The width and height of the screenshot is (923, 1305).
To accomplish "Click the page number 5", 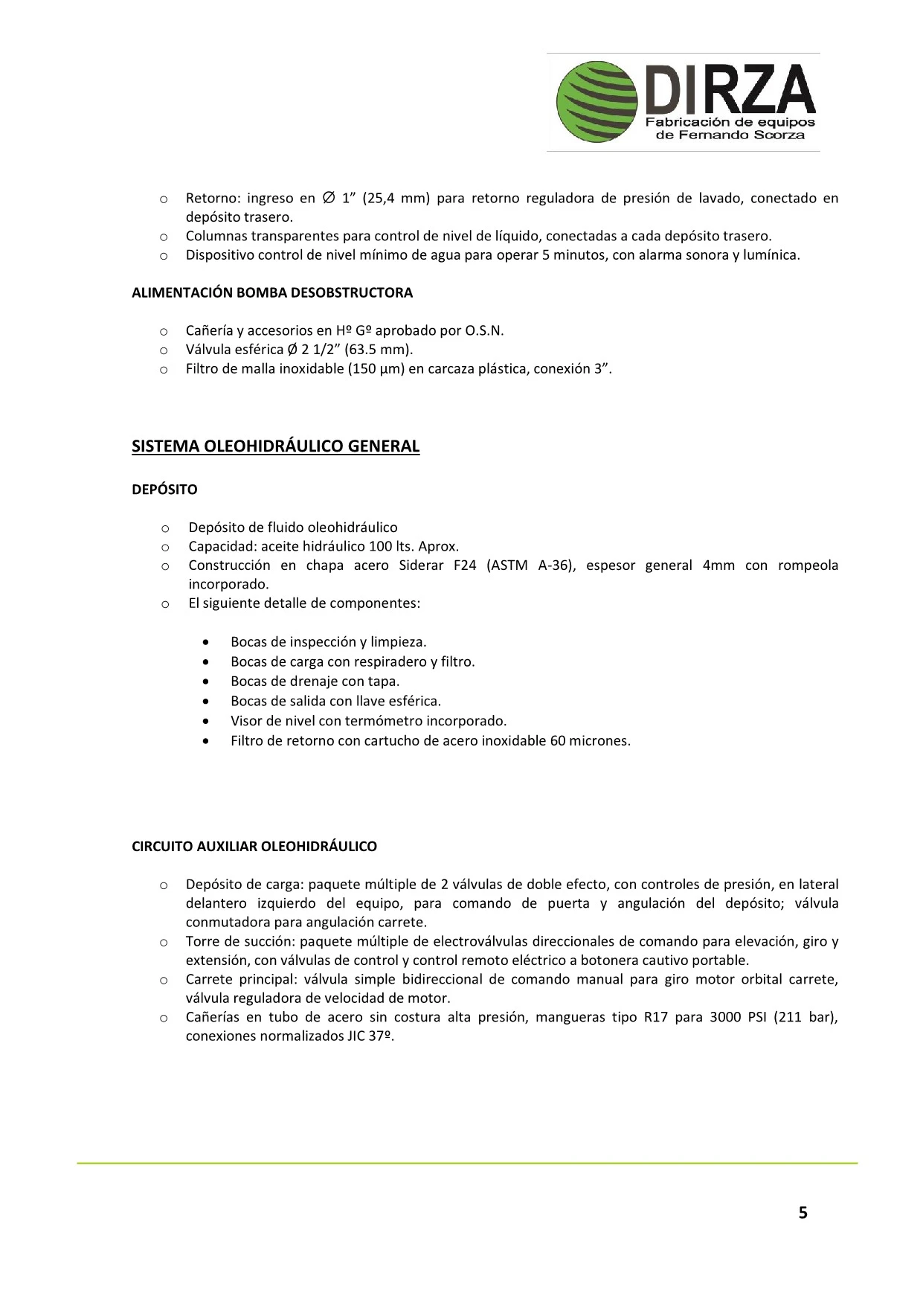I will (803, 1213).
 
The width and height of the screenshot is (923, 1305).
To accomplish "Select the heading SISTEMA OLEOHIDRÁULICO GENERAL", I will (275, 446).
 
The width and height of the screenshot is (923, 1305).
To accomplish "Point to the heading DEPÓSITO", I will (164, 490).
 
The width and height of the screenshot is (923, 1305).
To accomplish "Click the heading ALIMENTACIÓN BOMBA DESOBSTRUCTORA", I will (271, 292).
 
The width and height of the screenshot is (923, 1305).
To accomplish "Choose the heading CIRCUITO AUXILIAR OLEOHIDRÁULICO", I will (254, 847).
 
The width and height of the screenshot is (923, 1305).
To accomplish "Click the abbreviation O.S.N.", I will (484, 331).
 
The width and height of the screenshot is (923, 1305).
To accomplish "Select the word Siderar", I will (421, 565).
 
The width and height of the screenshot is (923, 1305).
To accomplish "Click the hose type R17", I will (655, 1017).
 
